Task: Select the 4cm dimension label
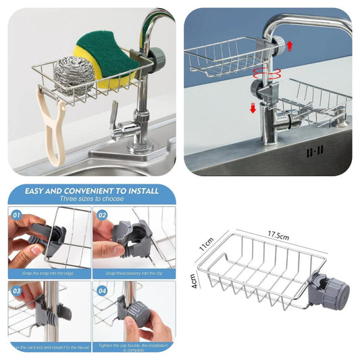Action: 193,280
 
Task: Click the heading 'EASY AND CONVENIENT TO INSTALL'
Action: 92,191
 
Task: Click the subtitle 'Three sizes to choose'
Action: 92,200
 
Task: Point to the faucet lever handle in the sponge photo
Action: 115,111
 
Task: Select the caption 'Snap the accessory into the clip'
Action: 133,273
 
